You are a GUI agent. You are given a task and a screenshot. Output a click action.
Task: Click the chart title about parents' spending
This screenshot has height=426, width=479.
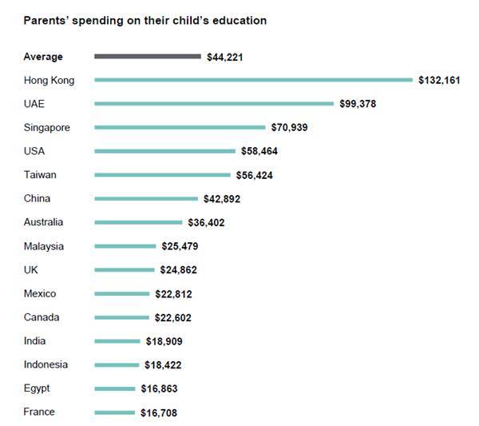(144, 20)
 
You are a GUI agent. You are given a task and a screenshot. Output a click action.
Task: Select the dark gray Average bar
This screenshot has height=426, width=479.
(148, 56)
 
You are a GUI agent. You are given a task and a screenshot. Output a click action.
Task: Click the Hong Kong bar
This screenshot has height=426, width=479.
(254, 80)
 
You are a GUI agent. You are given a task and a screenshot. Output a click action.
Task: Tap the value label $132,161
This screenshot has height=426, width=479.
(438, 80)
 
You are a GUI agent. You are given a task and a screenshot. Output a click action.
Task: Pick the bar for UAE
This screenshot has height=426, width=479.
(214, 104)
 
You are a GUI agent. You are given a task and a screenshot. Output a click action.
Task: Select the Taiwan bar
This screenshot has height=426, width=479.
(163, 175)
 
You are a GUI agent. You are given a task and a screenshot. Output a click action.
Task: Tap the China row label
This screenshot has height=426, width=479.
(39, 198)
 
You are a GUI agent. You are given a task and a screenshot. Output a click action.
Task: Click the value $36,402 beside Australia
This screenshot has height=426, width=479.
(206, 223)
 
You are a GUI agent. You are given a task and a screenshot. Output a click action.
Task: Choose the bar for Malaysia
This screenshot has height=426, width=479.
(125, 246)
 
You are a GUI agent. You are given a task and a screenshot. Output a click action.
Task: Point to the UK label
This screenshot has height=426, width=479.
(31, 270)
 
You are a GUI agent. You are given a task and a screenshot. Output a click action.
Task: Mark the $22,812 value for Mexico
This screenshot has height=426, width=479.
(172, 294)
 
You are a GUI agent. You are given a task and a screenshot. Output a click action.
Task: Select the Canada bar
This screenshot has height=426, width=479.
(121, 317)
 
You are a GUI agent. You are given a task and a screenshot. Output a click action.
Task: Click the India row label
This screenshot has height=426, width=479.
(35, 341)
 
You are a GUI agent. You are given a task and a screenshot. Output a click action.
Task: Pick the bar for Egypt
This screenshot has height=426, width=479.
(115, 388)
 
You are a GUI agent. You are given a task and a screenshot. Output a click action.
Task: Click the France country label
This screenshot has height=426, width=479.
(39, 412)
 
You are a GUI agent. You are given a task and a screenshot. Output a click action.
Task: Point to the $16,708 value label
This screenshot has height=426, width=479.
(157, 413)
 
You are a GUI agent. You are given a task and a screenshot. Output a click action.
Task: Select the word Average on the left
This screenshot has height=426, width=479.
(43, 57)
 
